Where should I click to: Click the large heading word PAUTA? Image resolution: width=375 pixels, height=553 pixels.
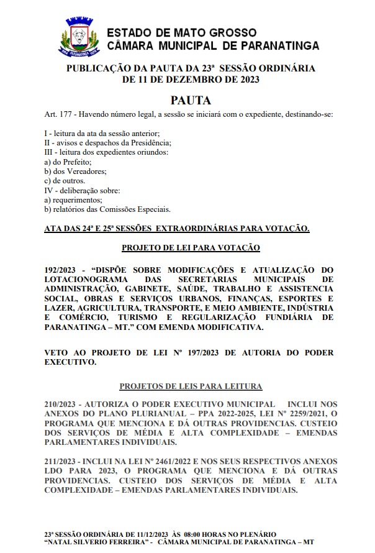point(191,100)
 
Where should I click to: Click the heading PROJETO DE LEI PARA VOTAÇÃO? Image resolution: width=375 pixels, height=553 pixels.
point(191,247)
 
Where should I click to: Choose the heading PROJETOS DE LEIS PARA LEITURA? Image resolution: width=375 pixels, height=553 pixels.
point(191,386)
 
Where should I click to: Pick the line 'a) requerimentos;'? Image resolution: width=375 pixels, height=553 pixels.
point(73,200)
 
